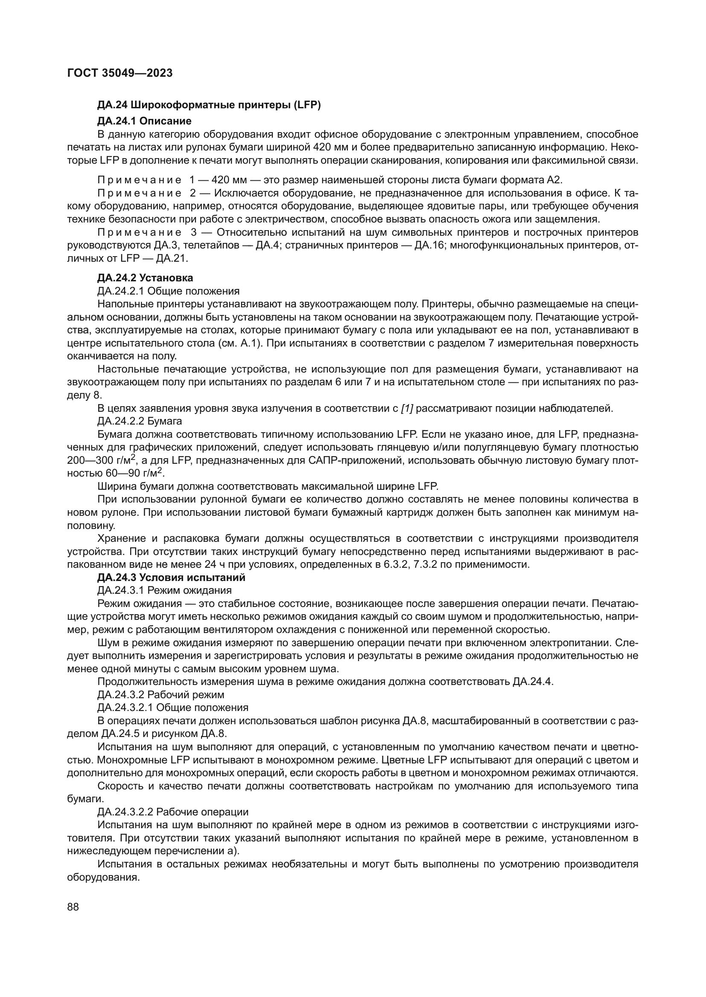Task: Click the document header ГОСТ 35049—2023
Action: [x=120, y=73]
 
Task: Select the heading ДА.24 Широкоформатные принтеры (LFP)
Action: [x=209, y=105]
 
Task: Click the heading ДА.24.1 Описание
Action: [x=144, y=121]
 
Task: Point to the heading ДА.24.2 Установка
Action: [x=145, y=278]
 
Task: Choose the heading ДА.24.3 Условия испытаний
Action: [x=171, y=578]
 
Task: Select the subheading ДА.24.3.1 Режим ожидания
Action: [x=164, y=590]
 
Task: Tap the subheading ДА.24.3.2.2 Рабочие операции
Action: [x=173, y=812]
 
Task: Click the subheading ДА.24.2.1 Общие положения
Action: [x=168, y=291]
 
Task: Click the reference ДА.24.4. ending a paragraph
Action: [x=533, y=681]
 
